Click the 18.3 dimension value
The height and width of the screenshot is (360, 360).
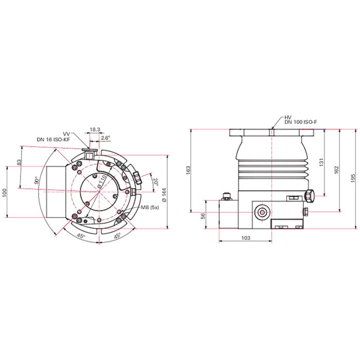point(95,130)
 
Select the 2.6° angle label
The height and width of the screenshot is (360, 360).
point(105,138)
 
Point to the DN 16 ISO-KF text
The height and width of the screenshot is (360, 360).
point(53,139)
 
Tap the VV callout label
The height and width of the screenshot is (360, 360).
point(66,134)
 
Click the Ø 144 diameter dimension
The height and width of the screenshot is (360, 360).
point(165,195)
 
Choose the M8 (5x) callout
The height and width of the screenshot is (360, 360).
point(150,207)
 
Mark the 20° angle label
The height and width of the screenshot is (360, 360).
point(156,182)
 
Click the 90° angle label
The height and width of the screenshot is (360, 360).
point(37,180)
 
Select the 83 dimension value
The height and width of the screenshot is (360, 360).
point(20,162)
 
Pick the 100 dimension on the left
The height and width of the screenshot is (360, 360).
point(4,193)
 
